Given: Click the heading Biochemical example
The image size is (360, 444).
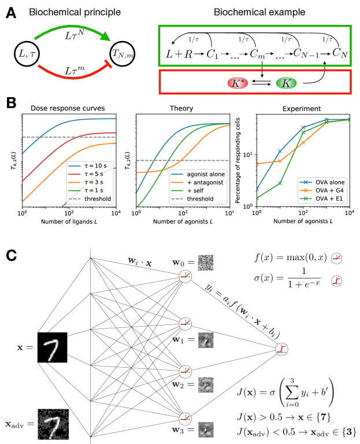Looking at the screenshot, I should [x=257, y=12].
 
